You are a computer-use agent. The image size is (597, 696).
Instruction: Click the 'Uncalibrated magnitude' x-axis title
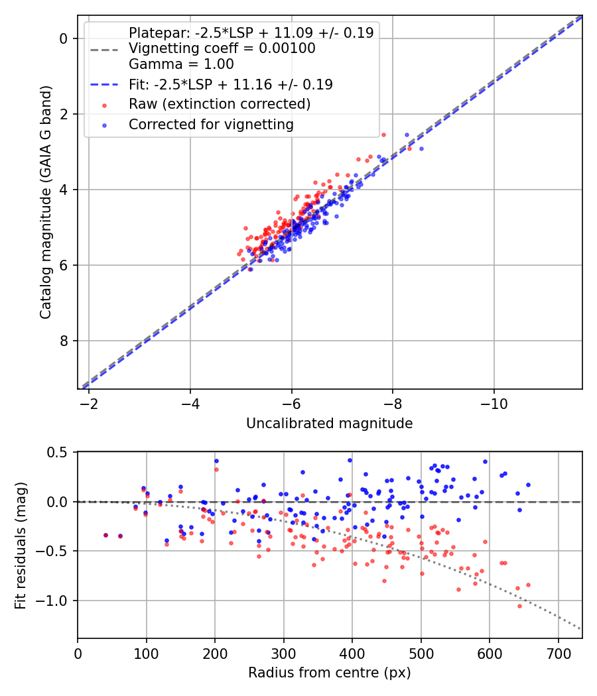point(329,424)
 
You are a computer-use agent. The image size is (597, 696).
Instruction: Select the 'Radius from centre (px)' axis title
point(329,673)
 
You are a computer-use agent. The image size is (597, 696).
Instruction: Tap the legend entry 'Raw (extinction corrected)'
point(220,104)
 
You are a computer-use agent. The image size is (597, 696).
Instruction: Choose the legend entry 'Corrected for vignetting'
point(211,124)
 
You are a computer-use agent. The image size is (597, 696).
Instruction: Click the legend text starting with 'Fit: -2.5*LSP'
point(231,85)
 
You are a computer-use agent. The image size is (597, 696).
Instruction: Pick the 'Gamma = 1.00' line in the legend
point(181,64)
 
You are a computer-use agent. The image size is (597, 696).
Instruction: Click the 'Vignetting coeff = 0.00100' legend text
point(222,48)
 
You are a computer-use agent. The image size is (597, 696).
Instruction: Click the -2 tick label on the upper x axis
point(89,404)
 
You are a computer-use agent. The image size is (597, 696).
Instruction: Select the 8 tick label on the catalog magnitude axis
point(64,341)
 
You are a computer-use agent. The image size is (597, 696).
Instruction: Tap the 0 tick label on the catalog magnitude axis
point(64,38)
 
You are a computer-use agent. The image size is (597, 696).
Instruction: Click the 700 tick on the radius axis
point(558,654)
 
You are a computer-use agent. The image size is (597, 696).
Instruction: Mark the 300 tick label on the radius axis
point(284,654)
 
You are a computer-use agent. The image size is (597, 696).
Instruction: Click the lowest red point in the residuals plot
point(519,606)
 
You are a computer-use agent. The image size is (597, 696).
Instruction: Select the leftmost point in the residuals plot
point(105,535)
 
